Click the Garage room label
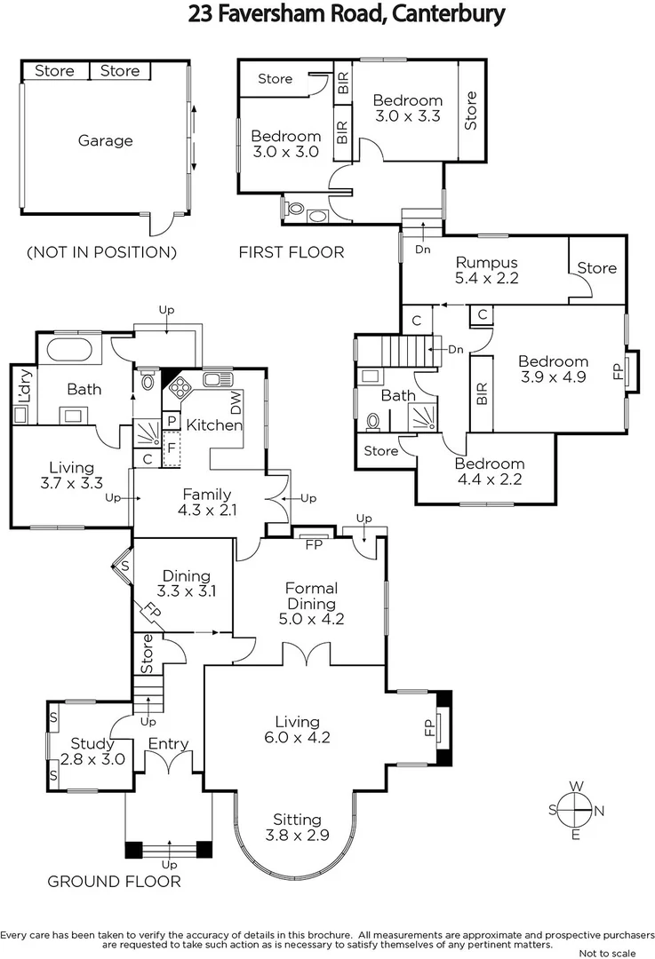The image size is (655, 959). pyautogui.click(x=106, y=140)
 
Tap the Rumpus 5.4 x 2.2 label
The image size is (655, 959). pyautogui.click(x=486, y=269)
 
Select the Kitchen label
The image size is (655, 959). pyautogui.click(x=214, y=424)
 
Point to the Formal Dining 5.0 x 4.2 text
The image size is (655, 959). pyautogui.click(x=311, y=604)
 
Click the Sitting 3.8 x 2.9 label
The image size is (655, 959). pyautogui.click(x=297, y=827)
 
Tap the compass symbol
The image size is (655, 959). pyautogui.click(x=577, y=809)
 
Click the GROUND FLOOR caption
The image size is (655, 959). pyautogui.click(x=114, y=882)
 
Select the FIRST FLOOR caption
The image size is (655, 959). pyautogui.click(x=292, y=252)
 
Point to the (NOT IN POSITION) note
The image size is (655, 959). pyautogui.click(x=101, y=252)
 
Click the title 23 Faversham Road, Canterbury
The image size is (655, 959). pyautogui.click(x=347, y=14)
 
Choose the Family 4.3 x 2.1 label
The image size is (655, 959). pyautogui.click(x=207, y=502)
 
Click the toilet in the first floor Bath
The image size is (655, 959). pyautogui.click(x=374, y=420)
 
